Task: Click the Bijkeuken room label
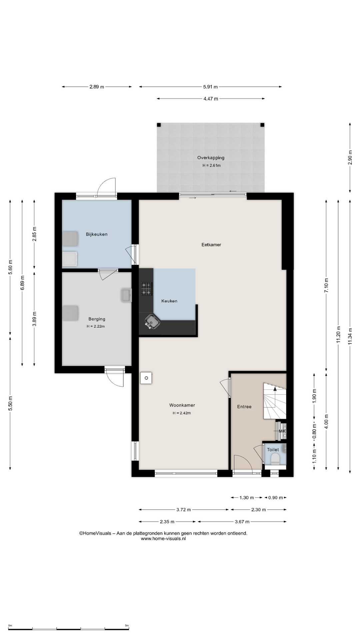click(97, 234)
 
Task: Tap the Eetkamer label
click(211, 245)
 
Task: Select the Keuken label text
click(169, 301)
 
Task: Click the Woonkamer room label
click(182, 405)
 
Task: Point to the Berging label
click(97, 319)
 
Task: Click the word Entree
click(244, 407)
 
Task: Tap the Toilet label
click(273, 450)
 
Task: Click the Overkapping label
click(211, 158)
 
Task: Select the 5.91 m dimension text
click(210, 87)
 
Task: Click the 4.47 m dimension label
click(211, 99)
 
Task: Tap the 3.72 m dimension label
click(184, 509)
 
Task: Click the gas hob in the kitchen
click(146, 289)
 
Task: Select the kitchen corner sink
click(152, 322)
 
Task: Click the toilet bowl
click(275, 460)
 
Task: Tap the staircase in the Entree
click(275, 401)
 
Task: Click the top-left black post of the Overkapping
click(159, 125)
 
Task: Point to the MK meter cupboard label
click(282, 431)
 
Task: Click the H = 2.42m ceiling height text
click(182, 413)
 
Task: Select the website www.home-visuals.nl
click(163, 538)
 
